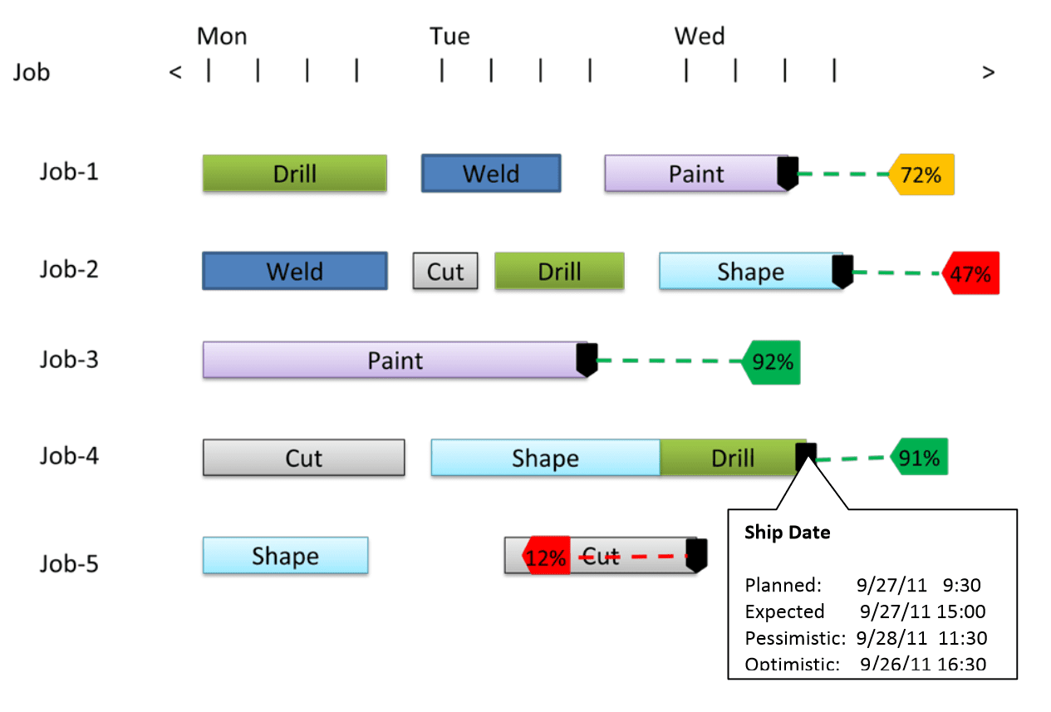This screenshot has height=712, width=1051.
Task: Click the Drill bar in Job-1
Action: [x=294, y=174]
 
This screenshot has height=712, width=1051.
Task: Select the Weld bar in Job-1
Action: [x=490, y=174]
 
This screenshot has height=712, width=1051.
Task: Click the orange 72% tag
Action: [x=922, y=174]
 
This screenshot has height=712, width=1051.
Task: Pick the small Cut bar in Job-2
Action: [x=445, y=272]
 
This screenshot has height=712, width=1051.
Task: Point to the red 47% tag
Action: [x=971, y=273]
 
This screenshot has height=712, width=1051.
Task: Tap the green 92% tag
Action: [x=772, y=362]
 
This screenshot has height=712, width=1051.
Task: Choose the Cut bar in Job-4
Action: [x=303, y=458]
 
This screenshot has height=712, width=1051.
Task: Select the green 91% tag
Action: [x=919, y=458]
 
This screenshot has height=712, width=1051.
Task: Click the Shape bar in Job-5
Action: [x=285, y=556]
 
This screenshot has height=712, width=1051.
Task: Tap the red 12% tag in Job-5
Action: [x=546, y=557]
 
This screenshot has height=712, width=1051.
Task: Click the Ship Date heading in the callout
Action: [x=787, y=533]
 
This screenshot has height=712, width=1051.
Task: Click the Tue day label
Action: [x=449, y=37]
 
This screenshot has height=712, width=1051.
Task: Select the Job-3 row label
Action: [x=69, y=360]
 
